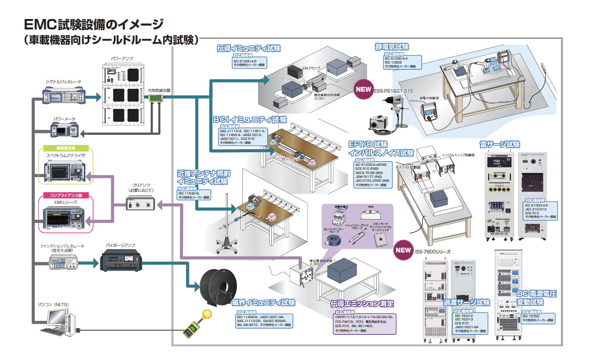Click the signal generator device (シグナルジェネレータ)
coord(64,95)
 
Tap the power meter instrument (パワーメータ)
coord(65,130)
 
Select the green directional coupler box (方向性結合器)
coord(156,98)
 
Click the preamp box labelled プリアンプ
coord(140,203)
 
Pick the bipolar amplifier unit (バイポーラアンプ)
coord(121,260)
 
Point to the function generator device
coord(63,263)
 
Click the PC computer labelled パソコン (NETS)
coord(58,322)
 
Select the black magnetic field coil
coord(218,287)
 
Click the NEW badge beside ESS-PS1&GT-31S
coord(363,90)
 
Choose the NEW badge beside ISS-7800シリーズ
coord(403,250)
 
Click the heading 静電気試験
coord(392,47)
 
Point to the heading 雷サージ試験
coord(499,145)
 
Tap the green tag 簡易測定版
coord(66,148)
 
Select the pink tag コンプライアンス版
coord(66,195)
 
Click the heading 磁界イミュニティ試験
coord(263,303)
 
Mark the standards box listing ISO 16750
coord(538,318)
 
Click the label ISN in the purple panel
coord(371,207)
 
